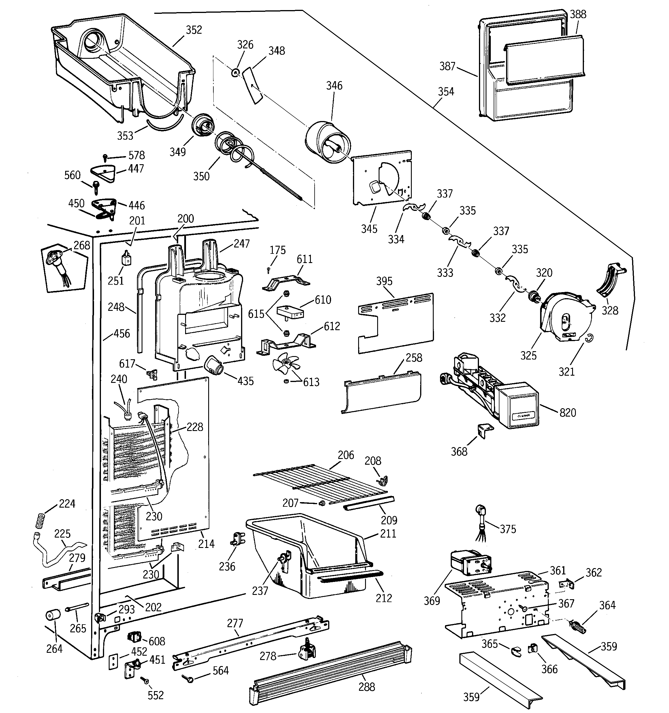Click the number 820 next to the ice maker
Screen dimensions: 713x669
[x=568, y=413]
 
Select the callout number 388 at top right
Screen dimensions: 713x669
[x=578, y=14]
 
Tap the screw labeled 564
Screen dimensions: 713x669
[x=189, y=678]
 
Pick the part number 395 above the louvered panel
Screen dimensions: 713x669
[x=384, y=281]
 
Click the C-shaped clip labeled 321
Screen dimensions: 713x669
[x=590, y=338]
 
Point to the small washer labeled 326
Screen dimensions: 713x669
[x=235, y=73]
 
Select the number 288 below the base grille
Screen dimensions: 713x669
[x=367, y=687]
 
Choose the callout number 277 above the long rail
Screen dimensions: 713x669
[x=235, y=623]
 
